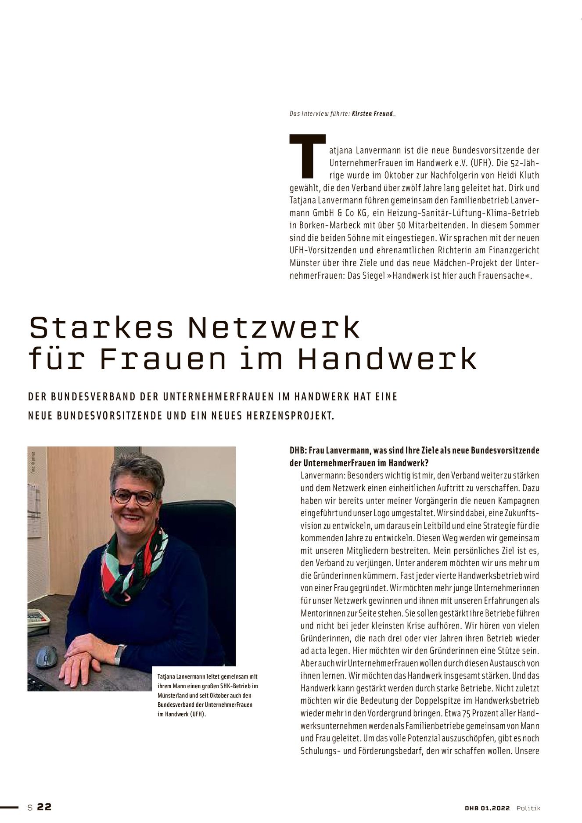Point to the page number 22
click(44, 807)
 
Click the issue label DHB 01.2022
click(487, 808)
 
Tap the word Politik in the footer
click(528, 808)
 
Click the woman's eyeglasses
click(134, 497)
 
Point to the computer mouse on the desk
click(45, 656)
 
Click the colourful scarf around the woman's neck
click(132, 566)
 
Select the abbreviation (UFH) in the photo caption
click(198, 714)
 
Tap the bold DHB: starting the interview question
click(298, 450)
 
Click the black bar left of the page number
click(10, 807)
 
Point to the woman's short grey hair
click(137, 471)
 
